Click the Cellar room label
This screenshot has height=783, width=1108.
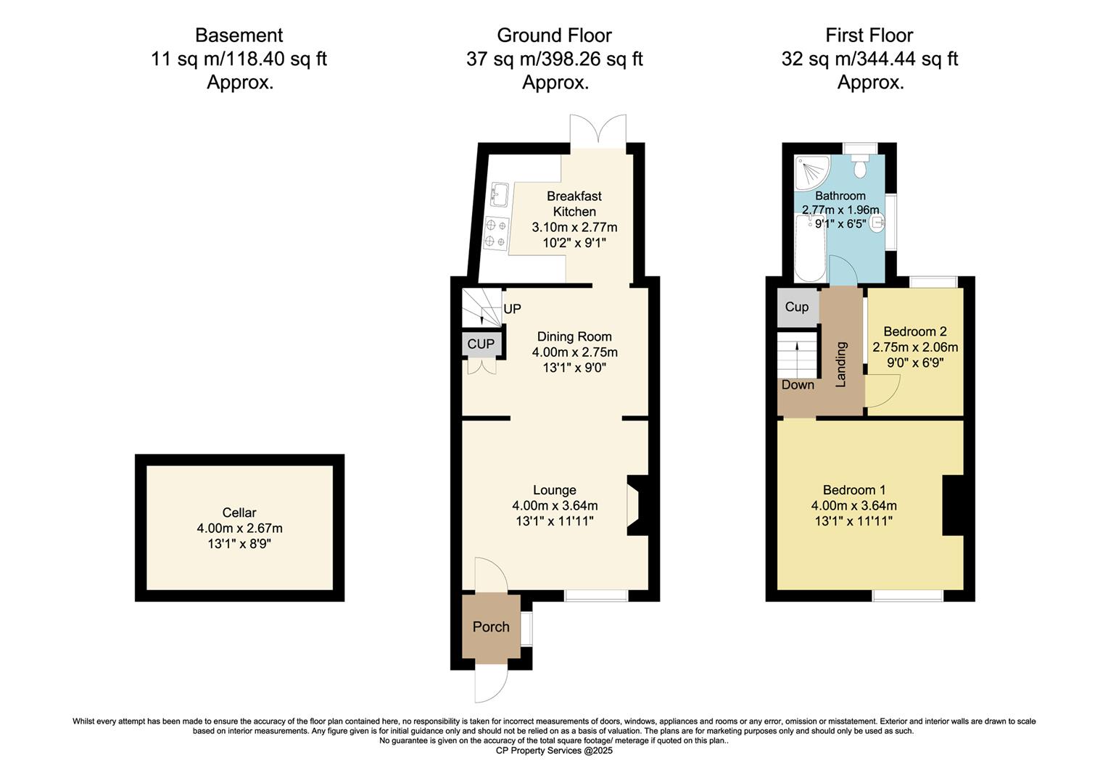(x=239, y=513)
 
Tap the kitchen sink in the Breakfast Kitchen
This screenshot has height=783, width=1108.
(x=500, y=194)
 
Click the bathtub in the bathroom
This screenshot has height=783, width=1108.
(x=809, y=250)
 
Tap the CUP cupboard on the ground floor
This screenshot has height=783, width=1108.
(x=481, y=344)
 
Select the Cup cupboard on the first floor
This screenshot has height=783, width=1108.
(x=797, y=307)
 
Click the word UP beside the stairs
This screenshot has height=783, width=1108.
(x=512, y=309)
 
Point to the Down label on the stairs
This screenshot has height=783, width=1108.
(x=798, y=385)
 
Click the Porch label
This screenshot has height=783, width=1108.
(x=491, y=627)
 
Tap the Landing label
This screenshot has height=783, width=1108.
(x=841, y=364)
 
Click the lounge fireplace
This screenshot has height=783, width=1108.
(x=635, y=505)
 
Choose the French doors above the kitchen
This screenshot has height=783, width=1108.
(x=598, y=130)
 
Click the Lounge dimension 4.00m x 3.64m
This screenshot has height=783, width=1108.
(x=555, y=505)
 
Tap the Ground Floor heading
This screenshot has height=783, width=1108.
(x=554, y=35)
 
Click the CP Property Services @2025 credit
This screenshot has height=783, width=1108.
(x=554, y=751)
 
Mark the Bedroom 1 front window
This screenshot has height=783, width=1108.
(x=908, y=595)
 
